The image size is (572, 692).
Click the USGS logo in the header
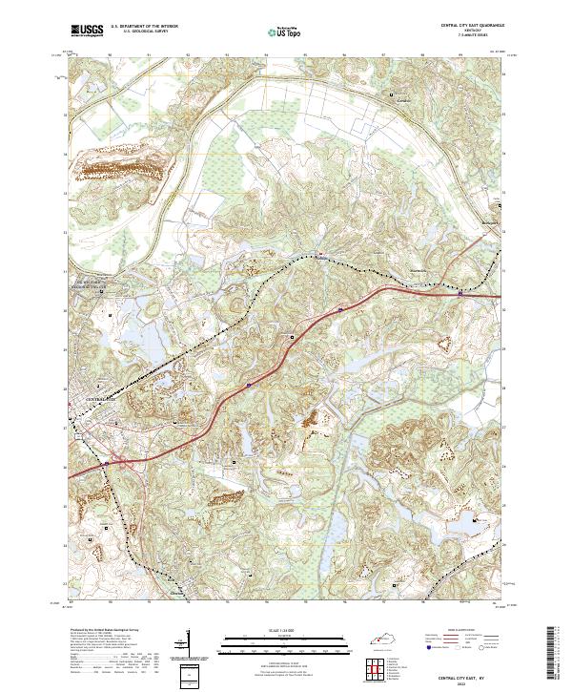pos(87,31)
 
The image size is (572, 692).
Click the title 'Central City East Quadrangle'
pos(473,25)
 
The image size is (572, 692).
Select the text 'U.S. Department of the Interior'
pos(144,25)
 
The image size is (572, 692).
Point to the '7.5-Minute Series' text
pos(473,35)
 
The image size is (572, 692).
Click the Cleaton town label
pos(177,592)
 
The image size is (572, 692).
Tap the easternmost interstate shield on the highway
pos(460,294)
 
